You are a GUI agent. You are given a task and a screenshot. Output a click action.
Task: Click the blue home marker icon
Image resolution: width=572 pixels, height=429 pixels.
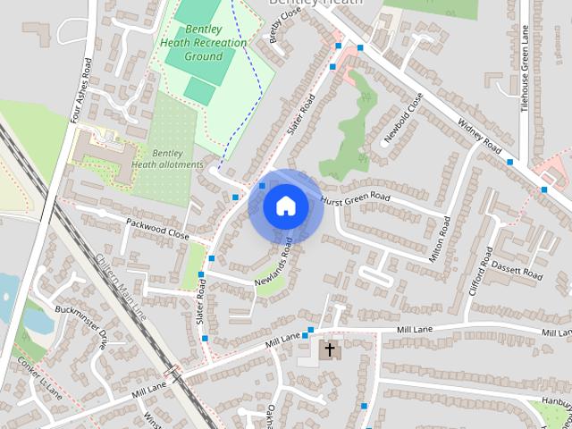pyautogui.click(x=285, y=206)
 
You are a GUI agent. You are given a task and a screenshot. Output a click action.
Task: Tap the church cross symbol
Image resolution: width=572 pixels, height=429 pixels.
pyautogui.click(x=330, y=349)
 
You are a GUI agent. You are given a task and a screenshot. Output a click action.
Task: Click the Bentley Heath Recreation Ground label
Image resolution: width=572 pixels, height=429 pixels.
pyautogui.click(x=191, y=42)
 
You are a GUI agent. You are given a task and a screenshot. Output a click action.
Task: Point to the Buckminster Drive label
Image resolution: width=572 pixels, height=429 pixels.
pyautogui.click(x=93, y=327)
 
